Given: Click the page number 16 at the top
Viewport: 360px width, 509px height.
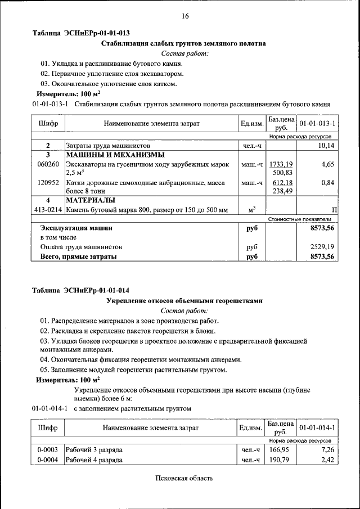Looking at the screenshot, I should [x=184, y=16].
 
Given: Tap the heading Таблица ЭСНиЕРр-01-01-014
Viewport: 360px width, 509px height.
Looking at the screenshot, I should [x=81, y=290].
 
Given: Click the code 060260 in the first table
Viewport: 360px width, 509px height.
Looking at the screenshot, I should [x=48, y=164].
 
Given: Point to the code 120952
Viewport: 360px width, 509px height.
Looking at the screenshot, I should [x=48, y=182].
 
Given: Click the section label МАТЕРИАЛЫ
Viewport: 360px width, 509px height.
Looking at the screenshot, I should [x=91, y=200].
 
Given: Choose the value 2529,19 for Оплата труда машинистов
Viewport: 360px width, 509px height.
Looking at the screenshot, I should [x=322, y=246].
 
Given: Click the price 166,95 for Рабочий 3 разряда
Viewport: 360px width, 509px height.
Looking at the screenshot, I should [x=279, y=450].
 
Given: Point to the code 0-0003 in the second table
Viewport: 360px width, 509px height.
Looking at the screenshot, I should [x=48, y=450].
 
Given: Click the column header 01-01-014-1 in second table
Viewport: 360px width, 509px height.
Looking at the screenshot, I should [x=318, y=428].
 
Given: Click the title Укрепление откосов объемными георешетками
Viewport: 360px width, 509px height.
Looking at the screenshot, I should [x=184, y=301].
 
